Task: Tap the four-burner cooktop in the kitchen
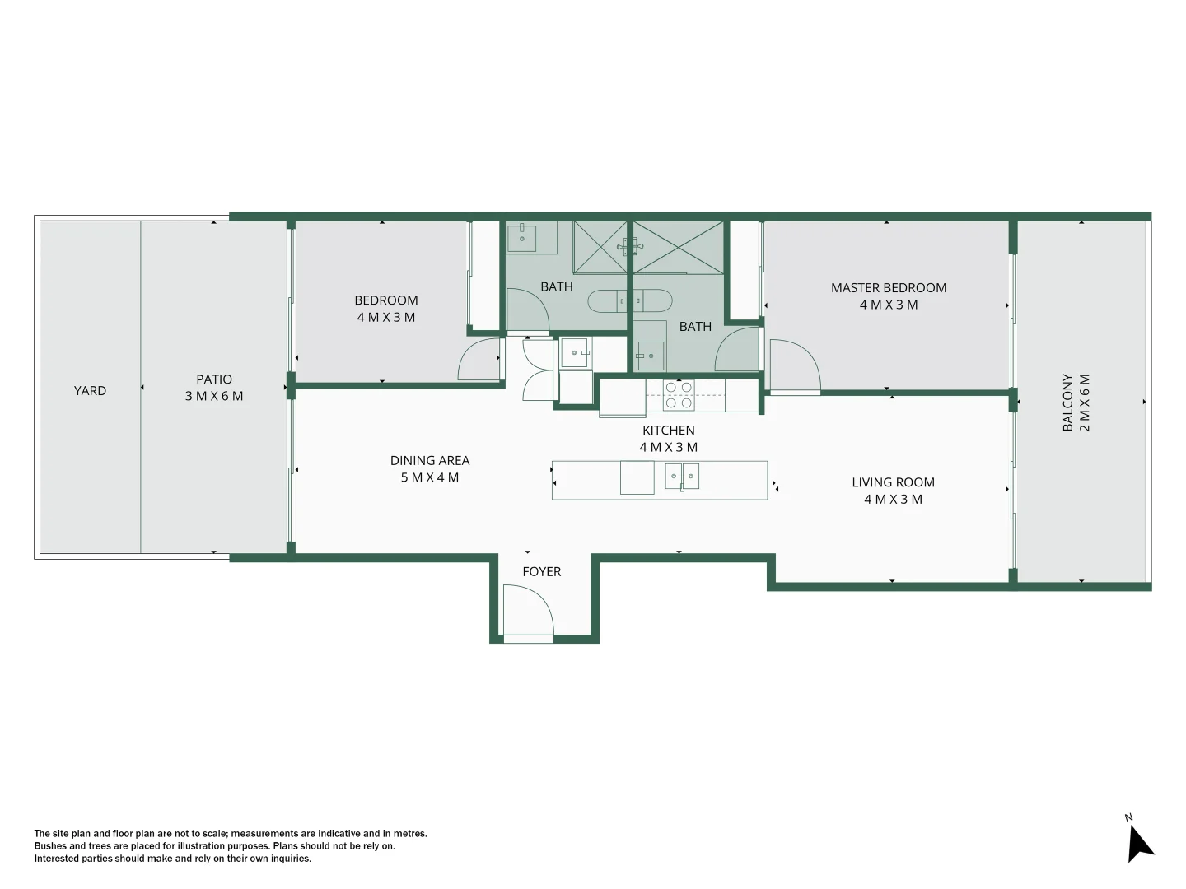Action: tap(679, 395)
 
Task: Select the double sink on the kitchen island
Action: tap(682, 477)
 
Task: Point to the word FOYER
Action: tap(541, 571)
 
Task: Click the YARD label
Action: tap(90, 391)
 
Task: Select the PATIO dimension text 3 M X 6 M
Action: tap(214, 396)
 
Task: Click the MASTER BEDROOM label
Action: tap(889, 288)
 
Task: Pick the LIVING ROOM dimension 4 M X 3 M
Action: tap(893, 500)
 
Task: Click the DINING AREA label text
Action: tap(430, 461)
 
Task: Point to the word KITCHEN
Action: tap(668, 431)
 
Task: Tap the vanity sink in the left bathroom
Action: tap(521, 238)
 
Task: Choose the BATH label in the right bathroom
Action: tap(695, 327)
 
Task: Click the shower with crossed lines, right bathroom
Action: tap(678, 247)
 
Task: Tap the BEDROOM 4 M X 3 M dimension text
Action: tap(385, 318)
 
